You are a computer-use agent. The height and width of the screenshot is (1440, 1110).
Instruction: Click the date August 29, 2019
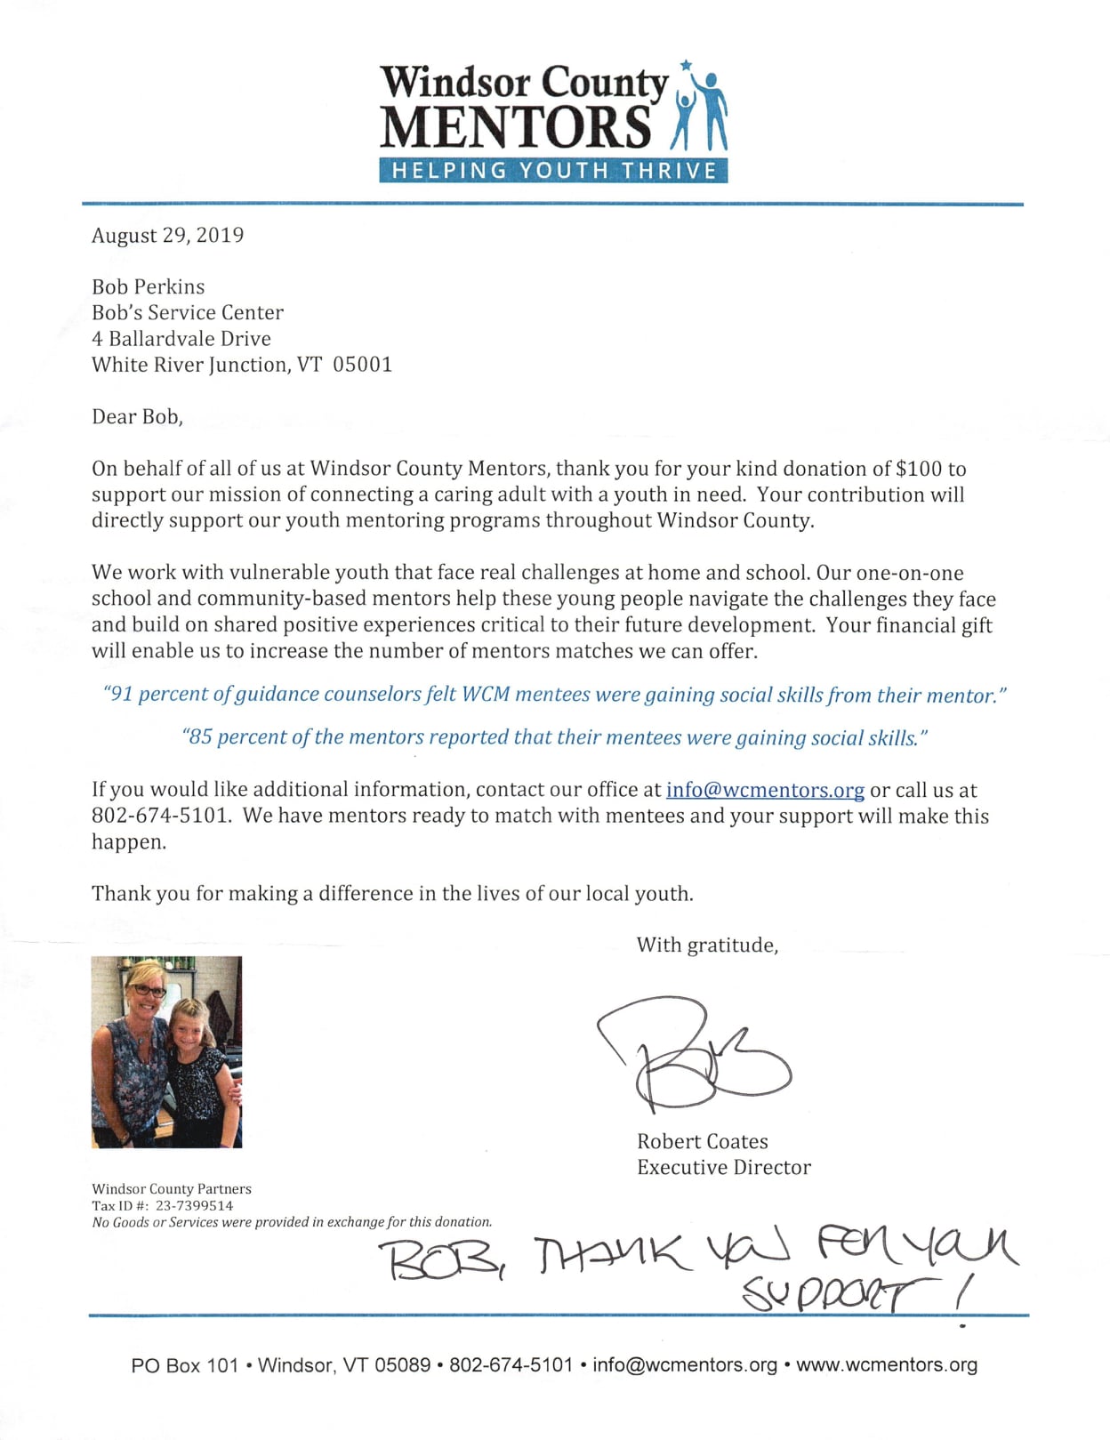point(167,236)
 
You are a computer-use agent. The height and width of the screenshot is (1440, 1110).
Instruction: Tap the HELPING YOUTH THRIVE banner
point(553,171)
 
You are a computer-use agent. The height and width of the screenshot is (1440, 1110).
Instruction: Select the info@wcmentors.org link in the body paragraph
point(765,790)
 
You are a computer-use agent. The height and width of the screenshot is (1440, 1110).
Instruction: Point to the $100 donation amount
point(919,469)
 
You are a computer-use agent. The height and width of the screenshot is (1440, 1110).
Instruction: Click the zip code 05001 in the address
point(362,365)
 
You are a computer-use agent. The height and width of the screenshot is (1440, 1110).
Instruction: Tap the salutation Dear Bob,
point(137,417)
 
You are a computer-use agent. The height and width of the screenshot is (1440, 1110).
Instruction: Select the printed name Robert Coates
point(702,1142)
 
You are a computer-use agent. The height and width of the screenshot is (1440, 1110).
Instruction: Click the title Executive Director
point(723,1168)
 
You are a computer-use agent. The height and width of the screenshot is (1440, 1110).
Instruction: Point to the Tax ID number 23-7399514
point(194,1206)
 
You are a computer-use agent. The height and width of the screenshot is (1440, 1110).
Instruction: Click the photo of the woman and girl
point(166,1051)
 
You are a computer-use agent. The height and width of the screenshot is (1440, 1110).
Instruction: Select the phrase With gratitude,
point(707,945)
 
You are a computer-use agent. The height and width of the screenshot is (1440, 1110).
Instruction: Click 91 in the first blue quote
point(121,694)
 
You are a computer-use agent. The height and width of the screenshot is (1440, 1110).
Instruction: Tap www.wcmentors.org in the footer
point(886,1365)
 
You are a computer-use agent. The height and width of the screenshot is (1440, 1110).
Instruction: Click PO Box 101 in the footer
point(184,1365)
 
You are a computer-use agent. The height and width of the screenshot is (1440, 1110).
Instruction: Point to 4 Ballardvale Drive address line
point(181,339)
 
